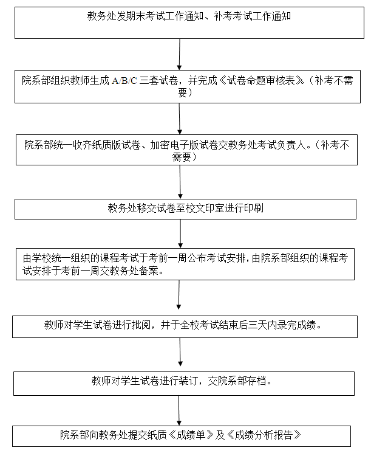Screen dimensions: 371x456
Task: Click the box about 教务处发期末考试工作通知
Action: click(189, 22)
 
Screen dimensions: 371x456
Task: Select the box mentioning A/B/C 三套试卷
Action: click(188, 86)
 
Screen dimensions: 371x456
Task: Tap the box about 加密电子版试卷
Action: click(186, 150)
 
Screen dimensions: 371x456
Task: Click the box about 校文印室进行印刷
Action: click(185, 209)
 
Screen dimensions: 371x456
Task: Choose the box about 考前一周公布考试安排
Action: click(185, 264)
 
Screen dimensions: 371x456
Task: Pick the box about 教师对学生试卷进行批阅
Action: click(185, 326)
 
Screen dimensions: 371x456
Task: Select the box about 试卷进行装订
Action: click(184, 383)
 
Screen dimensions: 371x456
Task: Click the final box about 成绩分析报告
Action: click(182, 436)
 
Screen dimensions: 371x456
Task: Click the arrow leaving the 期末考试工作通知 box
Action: click(180, 54)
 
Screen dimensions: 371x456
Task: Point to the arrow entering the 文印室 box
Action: click(180, 182)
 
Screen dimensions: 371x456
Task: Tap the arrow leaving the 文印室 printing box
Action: click(180, 234)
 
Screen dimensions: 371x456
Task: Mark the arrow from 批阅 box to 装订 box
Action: click(180, 352)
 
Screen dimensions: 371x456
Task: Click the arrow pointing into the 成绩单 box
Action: click(179, 410)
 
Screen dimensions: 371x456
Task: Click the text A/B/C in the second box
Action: click(124, 80)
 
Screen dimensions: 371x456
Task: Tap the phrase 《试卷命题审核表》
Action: click(261, 80)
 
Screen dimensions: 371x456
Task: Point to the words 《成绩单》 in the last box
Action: click(191, 435)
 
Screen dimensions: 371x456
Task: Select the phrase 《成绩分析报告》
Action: click(264, 435)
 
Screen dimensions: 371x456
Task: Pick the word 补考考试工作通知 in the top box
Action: click(253, 16)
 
